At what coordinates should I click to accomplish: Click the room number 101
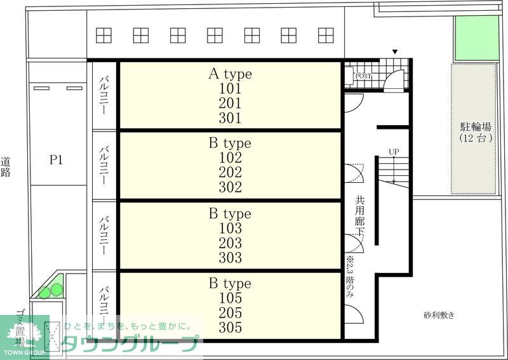click(230, 88)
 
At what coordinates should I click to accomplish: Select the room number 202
click(230, 173)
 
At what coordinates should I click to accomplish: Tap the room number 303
click(230, 258)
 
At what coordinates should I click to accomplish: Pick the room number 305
click(230, 328)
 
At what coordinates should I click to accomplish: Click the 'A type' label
click(230, 74)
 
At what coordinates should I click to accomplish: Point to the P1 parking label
click(56, 160)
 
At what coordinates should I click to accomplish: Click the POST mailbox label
click(363, 76)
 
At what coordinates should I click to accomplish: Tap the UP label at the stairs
click(394, 152)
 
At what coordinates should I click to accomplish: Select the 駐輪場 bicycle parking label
click(476, 126)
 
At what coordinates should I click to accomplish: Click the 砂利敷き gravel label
click(439, 315)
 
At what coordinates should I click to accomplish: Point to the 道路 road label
click(6, 166)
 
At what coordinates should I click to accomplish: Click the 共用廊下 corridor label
click(359, 216)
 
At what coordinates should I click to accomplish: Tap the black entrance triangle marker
click(395, 52)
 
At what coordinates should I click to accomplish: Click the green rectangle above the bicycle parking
click(477, 38)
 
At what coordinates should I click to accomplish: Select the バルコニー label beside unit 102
click(104, 165)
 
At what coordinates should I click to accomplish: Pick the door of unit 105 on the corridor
click(354, 314)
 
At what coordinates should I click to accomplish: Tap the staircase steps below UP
click(394, 171)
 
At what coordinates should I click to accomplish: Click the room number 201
click(230, 103)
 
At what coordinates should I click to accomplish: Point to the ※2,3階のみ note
click(350, 277)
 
